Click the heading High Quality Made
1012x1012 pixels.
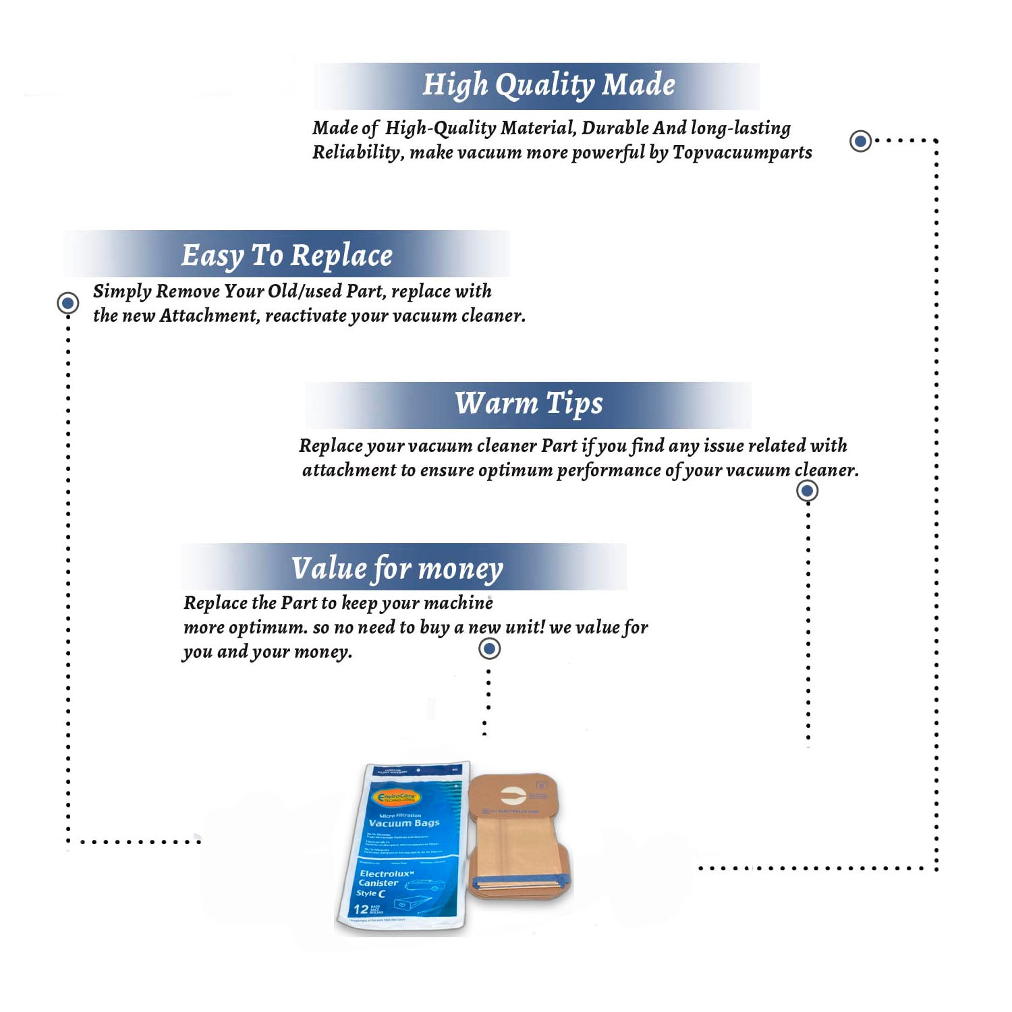[x=548, y=86]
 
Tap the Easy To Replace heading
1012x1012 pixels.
[x=287, y=256]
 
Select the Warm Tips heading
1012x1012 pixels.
[x=528, y=403]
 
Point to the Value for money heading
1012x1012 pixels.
[x=397, y=568]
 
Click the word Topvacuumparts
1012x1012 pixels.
[x=742, y=152]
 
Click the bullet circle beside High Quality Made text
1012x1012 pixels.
[x=860, y=141]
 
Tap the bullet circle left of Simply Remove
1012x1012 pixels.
[x=67, y=303]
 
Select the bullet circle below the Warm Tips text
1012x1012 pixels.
[x=807, y=490]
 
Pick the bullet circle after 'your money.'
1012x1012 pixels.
[x=489, y=649]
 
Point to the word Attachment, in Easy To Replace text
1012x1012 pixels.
[x=209, y=316]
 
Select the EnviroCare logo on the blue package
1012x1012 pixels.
[x=398, y=797]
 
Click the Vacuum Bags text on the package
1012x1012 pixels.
[x=404, y=823]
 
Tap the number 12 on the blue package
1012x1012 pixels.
[x=361, y=909]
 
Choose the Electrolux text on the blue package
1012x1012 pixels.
[x=386, y=874]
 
